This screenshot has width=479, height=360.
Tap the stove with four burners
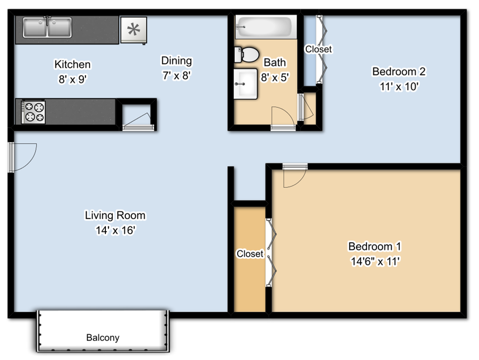pos(33,112)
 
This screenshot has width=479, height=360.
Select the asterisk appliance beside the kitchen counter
pos(133,29)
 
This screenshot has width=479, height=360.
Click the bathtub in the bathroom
pos(265,26)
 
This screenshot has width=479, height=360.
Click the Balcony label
pos(103,338)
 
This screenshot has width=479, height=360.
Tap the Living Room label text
pos(115,216)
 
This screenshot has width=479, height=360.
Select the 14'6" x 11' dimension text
pos(375,261)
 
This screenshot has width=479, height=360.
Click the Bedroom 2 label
pos(399,71)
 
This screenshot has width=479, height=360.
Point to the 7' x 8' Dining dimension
pos(176,76)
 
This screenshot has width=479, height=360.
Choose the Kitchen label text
pos(72,64)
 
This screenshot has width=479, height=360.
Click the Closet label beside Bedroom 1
pos(250,254)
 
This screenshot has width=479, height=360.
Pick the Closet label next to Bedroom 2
pos(318,49)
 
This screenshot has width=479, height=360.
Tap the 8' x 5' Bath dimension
pos(275,77)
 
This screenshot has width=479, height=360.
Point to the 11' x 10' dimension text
pos(399,86)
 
